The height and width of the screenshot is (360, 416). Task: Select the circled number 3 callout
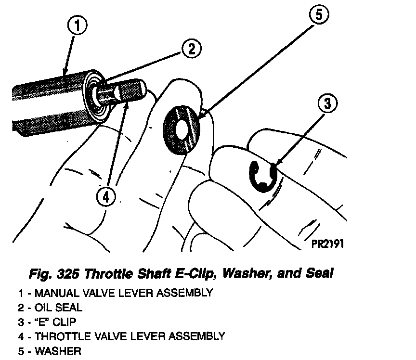coord(327,103)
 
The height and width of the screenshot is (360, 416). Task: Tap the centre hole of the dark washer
coord(182,129)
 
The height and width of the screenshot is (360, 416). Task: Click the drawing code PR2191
coord(327,244)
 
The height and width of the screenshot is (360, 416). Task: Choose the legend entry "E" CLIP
coord(55,321)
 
